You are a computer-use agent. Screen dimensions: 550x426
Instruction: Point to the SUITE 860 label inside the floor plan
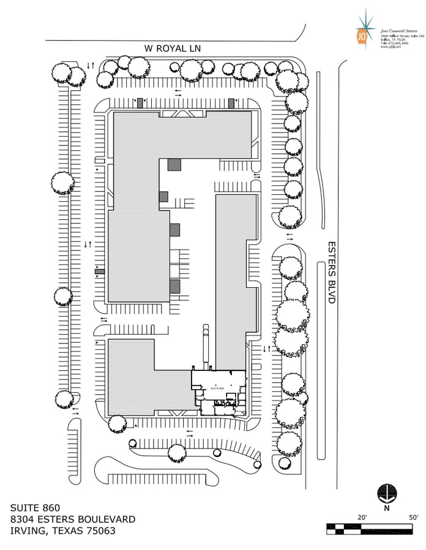coord(217,388)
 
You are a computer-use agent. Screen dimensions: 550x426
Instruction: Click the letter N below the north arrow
coord(386,507)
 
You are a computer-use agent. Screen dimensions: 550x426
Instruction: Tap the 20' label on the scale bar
coord(362,517)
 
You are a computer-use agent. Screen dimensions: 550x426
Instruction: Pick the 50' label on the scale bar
coord(413,517)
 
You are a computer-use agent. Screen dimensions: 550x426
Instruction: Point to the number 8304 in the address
coord(24,519)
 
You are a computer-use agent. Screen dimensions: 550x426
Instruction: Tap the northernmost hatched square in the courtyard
coord(175,164)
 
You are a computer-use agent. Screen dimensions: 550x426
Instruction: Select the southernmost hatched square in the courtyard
coord(175,285)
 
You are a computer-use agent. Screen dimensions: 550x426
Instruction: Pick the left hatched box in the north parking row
coord(140,103)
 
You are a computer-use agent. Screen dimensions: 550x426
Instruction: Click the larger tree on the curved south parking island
coord(177,453)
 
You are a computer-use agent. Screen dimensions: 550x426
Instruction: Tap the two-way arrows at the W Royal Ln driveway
coord(90,65)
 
